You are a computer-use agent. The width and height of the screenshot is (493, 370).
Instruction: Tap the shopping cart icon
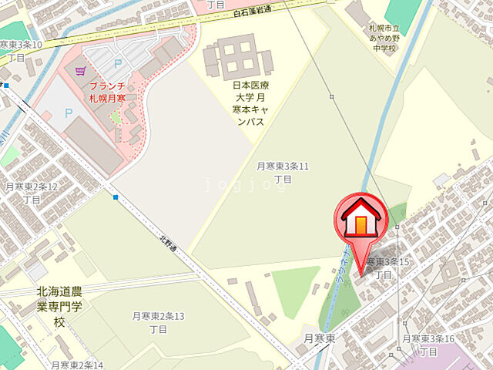tap(79, 71)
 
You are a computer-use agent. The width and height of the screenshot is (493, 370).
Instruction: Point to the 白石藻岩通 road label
tap(252, 17)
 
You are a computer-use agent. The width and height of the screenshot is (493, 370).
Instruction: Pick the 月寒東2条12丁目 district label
tap(31, 192)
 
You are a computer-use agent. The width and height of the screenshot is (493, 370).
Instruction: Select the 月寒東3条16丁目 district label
tap(428, 345)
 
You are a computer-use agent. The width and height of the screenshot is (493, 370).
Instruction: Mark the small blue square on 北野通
tap(116, 197)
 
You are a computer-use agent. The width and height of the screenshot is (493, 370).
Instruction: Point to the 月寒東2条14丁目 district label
tap(77, 365)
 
